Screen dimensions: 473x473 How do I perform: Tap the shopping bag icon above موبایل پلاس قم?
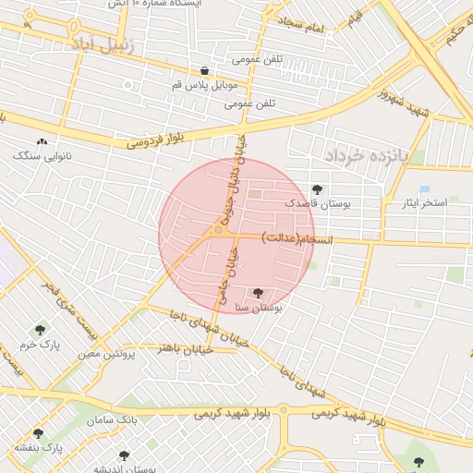pyautogui.click(x=204, y=71)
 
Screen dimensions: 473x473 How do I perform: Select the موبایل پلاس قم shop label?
pyautogui.click(x=205, y=85)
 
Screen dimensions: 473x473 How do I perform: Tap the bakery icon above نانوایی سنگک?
pyautogui.click(x=42, y=141)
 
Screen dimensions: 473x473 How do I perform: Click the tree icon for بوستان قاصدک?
pyautogui.click(x=317, y=188)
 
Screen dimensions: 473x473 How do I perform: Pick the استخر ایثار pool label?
pyautogui.click(x=425, y=202)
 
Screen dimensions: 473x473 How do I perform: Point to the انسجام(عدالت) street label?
pyautogui.click(x=289, y=238)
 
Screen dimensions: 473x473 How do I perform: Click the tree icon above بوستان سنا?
pyautogui.click(x=258, y=292)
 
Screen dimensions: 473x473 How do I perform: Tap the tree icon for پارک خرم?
pyautogui.click(x=40, y=330)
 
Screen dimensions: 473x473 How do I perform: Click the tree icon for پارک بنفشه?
pyautogui.click(x=38, y=432)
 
